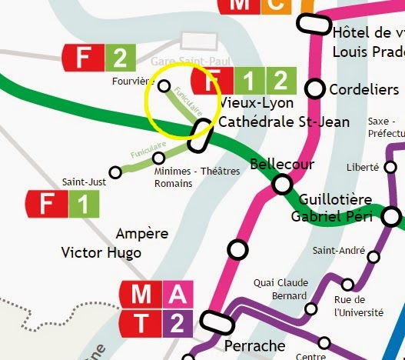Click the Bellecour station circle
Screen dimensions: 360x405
pos(283,185)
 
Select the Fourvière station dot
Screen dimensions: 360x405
pos(164,85)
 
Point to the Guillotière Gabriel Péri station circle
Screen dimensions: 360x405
pos(393,216)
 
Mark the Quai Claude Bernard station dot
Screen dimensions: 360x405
pos(311,309)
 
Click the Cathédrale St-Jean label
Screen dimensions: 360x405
pos(284,122)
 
